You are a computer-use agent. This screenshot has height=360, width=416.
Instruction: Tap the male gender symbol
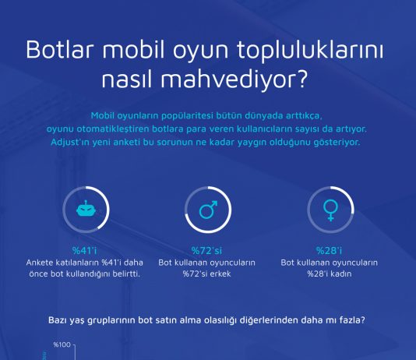click(x=208, y=210)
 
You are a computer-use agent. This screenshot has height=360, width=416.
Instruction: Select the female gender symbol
click(x=330, y=210)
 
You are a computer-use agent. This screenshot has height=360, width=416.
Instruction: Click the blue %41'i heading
click(x=85, y=250)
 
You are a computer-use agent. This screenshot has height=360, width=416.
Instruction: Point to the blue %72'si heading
click(x=206, y=250)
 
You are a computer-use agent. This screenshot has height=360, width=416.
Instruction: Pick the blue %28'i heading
click(x=330, y=250)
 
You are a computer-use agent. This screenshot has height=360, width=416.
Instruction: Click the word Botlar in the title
click(x=60, y=50)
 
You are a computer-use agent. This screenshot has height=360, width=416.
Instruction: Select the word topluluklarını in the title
click(x=310, y=51)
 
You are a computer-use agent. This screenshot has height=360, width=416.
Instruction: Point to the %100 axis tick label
click(x=62, y=344)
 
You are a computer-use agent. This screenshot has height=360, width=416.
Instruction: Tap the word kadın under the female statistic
click(x=340, y=274)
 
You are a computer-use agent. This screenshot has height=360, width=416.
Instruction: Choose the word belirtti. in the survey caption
click(x=126, y=274)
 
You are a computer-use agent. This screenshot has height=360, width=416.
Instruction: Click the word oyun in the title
click(x=200, y=51)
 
